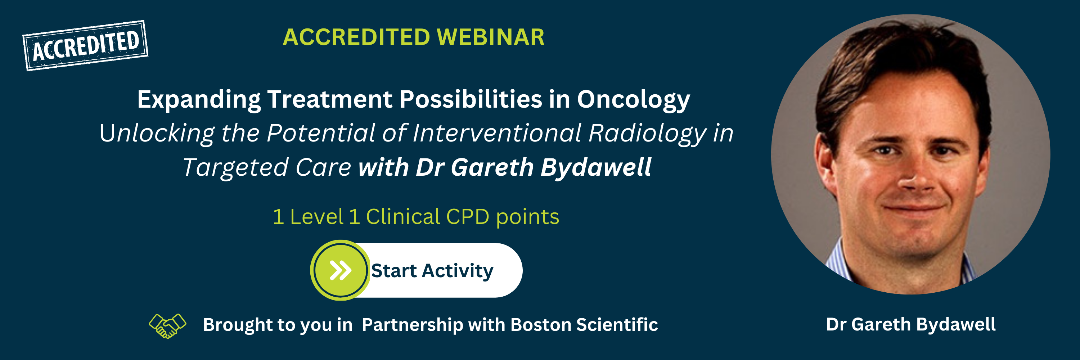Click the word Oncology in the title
634,100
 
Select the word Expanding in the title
199,100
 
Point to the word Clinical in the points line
403,217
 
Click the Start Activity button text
432,271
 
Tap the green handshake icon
167,326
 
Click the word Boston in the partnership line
541,325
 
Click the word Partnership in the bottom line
412,325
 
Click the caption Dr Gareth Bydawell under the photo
911,324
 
